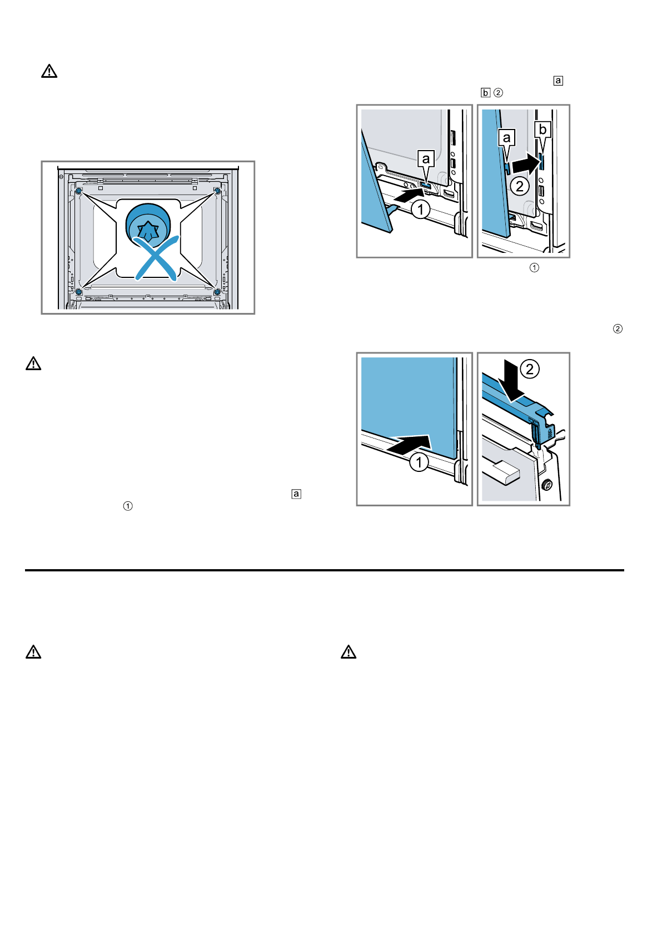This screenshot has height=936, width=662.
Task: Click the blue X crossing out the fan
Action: (x=157, y=257)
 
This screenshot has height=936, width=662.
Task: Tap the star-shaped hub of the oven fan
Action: (x=148, y=230)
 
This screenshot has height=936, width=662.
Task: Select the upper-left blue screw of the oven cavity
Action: (x=78, y=191)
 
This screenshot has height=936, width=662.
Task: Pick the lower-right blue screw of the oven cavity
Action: (x=217, y=291)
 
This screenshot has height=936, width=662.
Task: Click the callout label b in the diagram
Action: (x=542, y=130)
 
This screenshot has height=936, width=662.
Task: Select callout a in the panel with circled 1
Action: (x=426, y=159)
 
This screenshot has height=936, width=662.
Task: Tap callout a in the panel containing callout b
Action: (x=506, y=137)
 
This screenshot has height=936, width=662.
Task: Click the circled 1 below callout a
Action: (x=421, y=210)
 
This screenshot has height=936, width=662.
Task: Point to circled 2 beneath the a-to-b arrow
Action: (x=520, y=186)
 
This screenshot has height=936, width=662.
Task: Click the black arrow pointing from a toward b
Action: (x=525, y=164)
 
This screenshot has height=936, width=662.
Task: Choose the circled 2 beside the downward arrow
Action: (x=530, y=369)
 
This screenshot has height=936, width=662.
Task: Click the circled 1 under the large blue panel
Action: (x=419, y=462)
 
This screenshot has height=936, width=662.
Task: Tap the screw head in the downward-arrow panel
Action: (x=546, y=485)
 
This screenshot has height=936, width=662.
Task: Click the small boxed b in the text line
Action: (x=485, y=93)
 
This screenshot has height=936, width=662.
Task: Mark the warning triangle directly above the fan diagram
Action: (x=49, y=71)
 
